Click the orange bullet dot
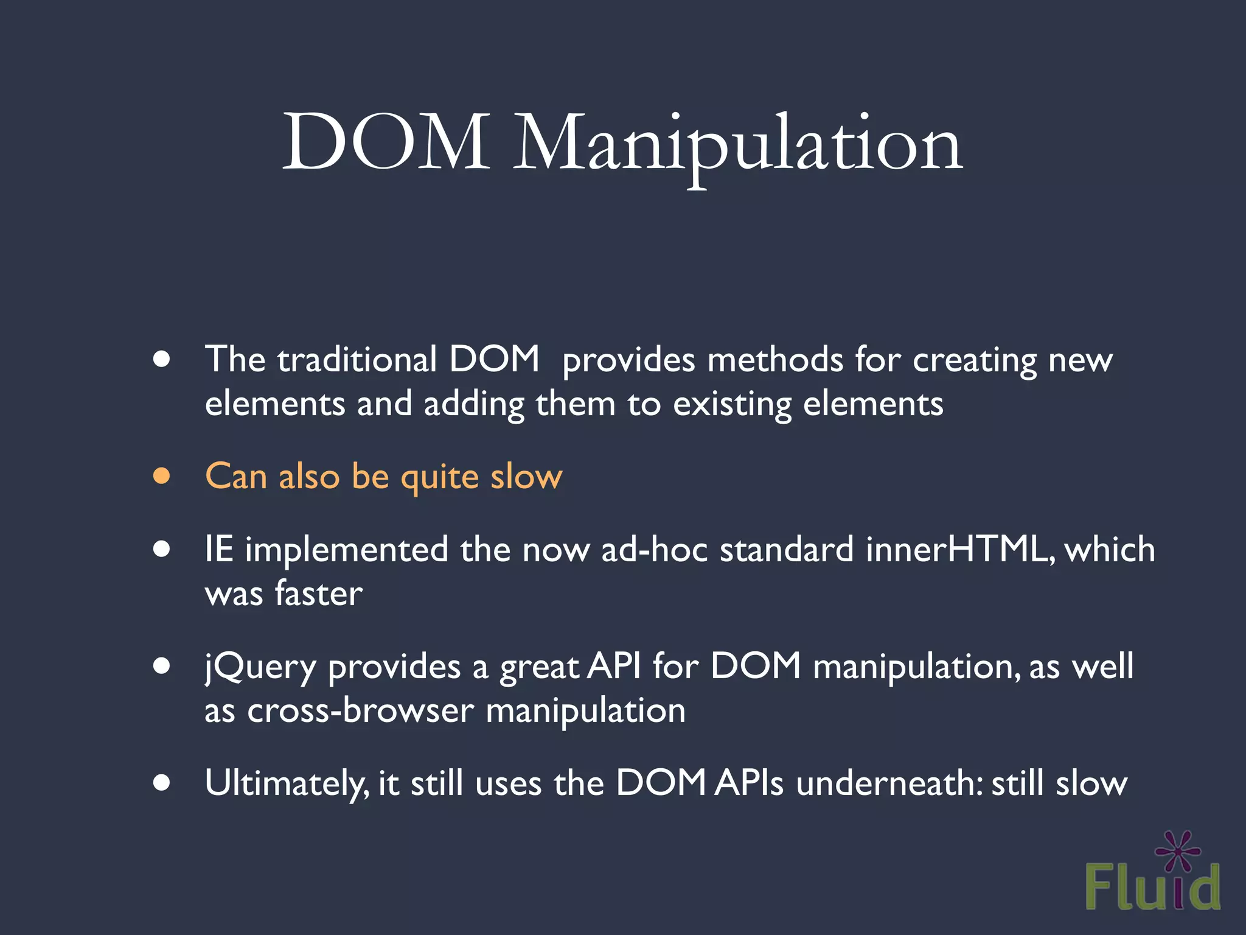(x=162, y=476)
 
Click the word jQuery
(x=260, y=667)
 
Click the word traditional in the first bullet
(x=357, y=359)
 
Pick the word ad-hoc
(x=654, y=549)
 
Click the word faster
(x=319, y=594)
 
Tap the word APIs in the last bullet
(x=749, y=783)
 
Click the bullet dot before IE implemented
(x=162, y=549)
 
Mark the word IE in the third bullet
(x=219, y=549)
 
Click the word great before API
(x=539, y=667)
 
